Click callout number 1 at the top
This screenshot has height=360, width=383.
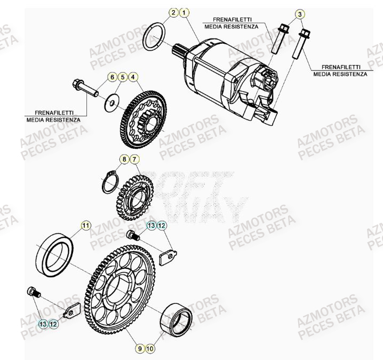(x=183, y=12)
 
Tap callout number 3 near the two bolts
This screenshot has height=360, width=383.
(x=300, y=13)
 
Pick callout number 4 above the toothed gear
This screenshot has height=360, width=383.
(x=132, y=77)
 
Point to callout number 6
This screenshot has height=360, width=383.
(x=113, y=77)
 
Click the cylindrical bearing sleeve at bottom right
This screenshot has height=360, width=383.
(x=178, y=321)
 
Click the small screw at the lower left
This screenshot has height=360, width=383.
(x=34, y=292)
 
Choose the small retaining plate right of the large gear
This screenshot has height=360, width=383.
(x=170, y=256)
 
